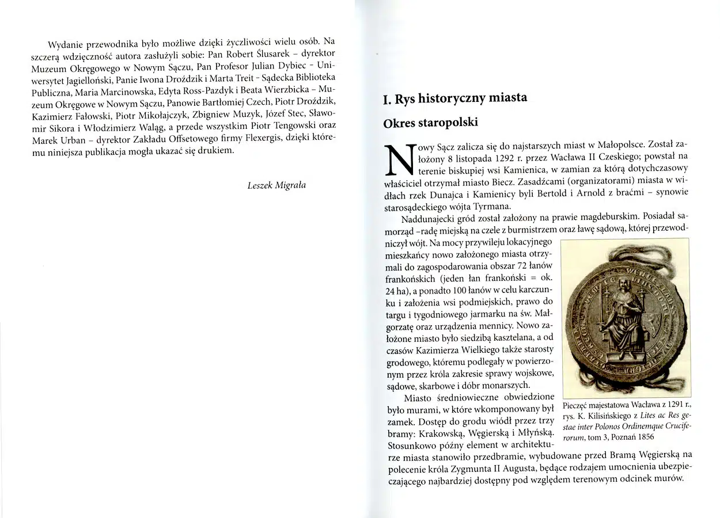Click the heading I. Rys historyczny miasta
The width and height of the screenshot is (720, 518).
point(454,98)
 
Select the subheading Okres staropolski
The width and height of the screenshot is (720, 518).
point(430,123)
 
